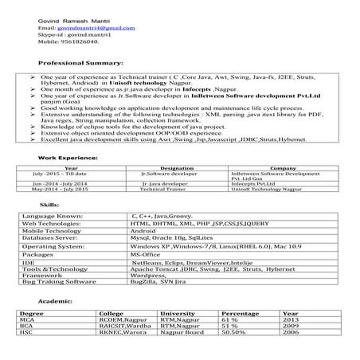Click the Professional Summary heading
click(80, 62)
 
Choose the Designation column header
click(177, 169)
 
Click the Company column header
click(284, 169)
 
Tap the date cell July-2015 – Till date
click(60, 174)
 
